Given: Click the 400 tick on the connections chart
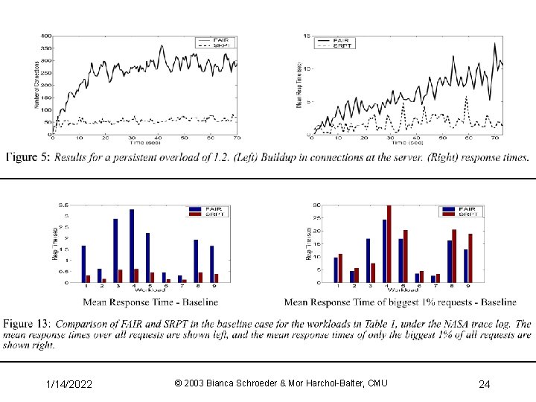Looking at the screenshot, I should pyautogui.click(x=46, y=36).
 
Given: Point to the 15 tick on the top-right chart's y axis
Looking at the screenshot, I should pyautogui.click(x=307, y=36).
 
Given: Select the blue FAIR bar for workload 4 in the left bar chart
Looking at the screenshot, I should pyautogui.click(x=131, y=246).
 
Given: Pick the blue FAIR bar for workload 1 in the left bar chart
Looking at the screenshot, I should pyautogui.click(x=83, y=264).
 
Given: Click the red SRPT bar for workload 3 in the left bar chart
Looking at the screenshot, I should pyautogui.click(x=121, y=275).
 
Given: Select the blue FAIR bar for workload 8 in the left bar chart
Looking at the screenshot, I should pyautogui.click(x=196, y=261).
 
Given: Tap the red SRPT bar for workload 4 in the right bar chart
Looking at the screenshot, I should pyautogui.click(x=389, y=243).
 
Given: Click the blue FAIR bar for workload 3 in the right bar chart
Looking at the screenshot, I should pyautogui.click(x=368, y=261).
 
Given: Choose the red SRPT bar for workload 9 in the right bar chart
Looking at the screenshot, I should pyautogui.click(x=470, y=258).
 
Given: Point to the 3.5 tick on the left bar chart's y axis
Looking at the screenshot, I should pyautogui.click(x=66, y=205).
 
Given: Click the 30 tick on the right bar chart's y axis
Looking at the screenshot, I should pyautogui.click(x=316, y=205).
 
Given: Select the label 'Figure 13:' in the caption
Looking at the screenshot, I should pyautogui.click(x=27, y=324).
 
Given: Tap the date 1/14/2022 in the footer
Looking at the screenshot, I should pyautogui.click(x=68, y=384).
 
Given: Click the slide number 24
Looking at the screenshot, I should pyautogui.click(x=484, y=384).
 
